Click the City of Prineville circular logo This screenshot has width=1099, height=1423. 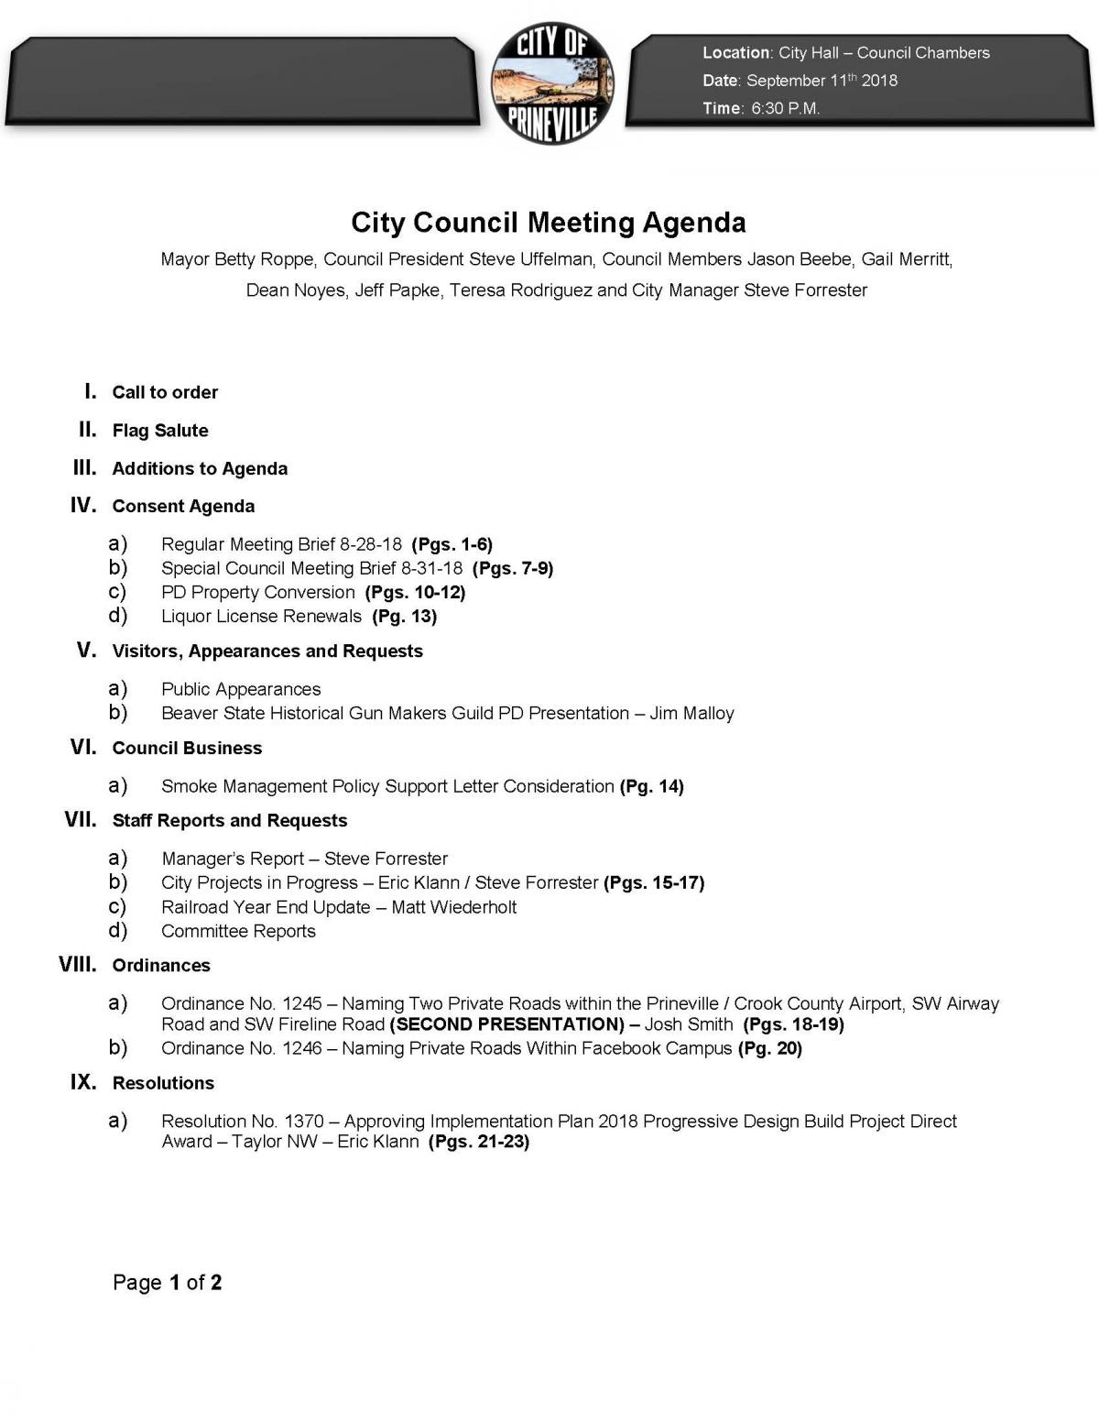pos(552,83)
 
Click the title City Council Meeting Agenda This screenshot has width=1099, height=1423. pos(549,223)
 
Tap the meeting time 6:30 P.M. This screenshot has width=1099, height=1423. pos(785,108)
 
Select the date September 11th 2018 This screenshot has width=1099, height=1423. pos(822,81)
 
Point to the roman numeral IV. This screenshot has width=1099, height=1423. pos(83,505)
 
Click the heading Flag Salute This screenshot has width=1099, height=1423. pos(160,431)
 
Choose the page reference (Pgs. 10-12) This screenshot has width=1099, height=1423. pos(415,592)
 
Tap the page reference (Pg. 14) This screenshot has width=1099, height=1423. pos(652,786)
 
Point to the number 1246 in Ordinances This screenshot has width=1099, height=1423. pos(301,1048)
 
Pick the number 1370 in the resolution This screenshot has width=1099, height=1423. pos(304,1122)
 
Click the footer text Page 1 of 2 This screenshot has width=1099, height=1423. pos(167,1283)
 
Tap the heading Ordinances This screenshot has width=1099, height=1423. pos(161,966)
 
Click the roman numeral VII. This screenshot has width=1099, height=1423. pos(81,819)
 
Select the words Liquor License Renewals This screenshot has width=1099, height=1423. pos(261,617)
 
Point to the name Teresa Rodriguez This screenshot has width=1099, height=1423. pos(520,290)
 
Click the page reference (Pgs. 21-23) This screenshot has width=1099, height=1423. pos(479,1142)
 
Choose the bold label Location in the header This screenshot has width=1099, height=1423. pos(735,53)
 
